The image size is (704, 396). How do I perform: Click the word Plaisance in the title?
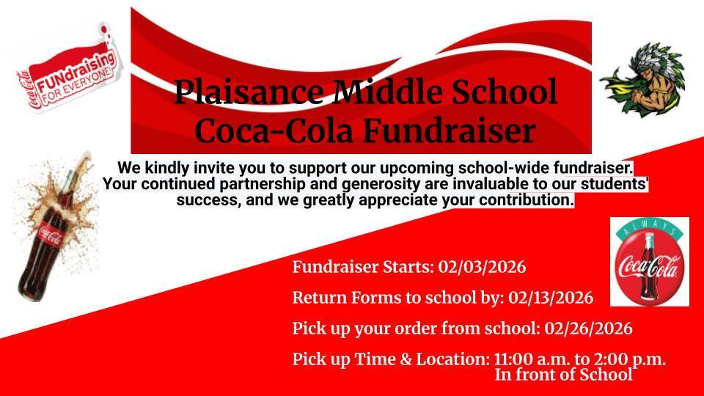pos(249,92)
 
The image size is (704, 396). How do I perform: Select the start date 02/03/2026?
pos(483,267)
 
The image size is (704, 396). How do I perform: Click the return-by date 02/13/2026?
pos(551,298)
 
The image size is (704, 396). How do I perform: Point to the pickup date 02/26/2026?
pos(589,329)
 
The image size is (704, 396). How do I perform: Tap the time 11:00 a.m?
pos(532,359)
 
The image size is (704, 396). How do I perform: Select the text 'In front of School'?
pos(564,375)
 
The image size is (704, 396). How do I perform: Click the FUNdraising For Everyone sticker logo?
pos(70,69)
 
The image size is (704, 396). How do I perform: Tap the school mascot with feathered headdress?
pos(642,79)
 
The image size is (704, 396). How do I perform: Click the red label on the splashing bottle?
pos(49,233)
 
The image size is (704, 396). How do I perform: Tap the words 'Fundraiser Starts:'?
pos(363,267)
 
